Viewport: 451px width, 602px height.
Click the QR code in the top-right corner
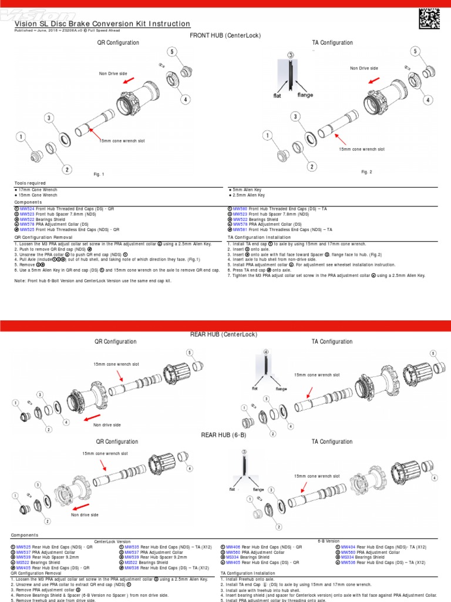[430, 19]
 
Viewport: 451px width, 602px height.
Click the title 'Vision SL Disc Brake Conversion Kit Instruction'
[102, 24]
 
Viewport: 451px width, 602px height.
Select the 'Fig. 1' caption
[99, 174]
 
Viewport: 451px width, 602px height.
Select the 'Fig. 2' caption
[366, 171]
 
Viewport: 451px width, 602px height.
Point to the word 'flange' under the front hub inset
[305, 95]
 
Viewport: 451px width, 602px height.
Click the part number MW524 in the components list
[27, 209]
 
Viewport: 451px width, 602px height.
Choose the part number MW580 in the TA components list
[241, 209]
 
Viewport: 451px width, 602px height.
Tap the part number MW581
[241, 229]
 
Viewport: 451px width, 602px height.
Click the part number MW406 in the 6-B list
[233, 547]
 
